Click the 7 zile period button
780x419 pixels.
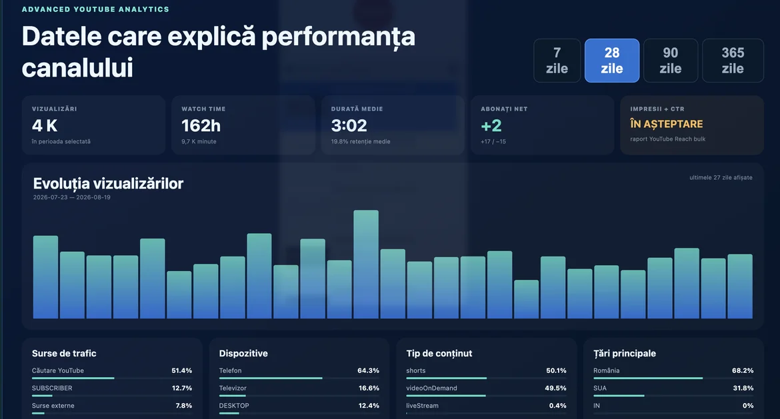coord(557,61)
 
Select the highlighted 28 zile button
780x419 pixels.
coord(612,61)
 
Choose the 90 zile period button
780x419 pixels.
coord(671,61)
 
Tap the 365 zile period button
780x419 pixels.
coord(733,61)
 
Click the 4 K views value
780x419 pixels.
coord(45,126)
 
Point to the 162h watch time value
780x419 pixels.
coord(201,126)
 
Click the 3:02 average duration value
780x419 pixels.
coord(349,126)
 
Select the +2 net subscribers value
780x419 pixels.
coord(491,126)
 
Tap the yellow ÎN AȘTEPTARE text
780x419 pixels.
coord(667,125)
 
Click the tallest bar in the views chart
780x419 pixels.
coord(366,264)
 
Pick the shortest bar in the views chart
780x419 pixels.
coord(526,299)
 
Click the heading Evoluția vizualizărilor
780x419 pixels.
coord(108,184)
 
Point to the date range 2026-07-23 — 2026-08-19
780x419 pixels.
coord(71,197)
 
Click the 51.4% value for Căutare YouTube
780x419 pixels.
coord(181,371)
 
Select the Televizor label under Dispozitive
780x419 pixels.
coord(233,388)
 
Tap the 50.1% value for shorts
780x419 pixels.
coord(556,371)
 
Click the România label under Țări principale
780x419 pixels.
coord(607,371)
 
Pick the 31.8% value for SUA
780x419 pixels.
coord(743,388)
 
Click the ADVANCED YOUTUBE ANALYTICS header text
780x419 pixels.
coord(95,9)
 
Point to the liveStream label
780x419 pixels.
coord(423,406)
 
